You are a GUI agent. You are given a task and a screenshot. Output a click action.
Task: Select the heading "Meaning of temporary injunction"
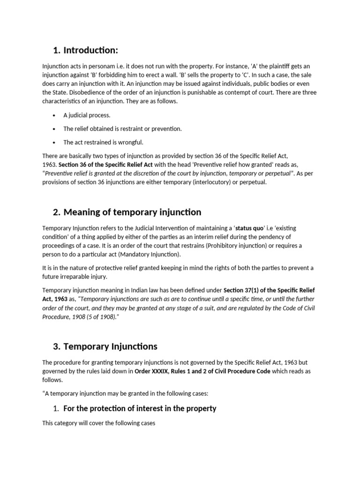click(x=132, y=212)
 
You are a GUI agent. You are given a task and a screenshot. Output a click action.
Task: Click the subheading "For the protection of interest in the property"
click(x=140, y=408)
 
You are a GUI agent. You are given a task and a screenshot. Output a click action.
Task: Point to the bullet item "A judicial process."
click(x=87, y=115)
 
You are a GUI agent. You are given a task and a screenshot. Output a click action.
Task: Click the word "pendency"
click(x=267, y=237)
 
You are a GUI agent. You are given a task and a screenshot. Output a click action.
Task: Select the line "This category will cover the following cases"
click(x=98, y=423)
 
